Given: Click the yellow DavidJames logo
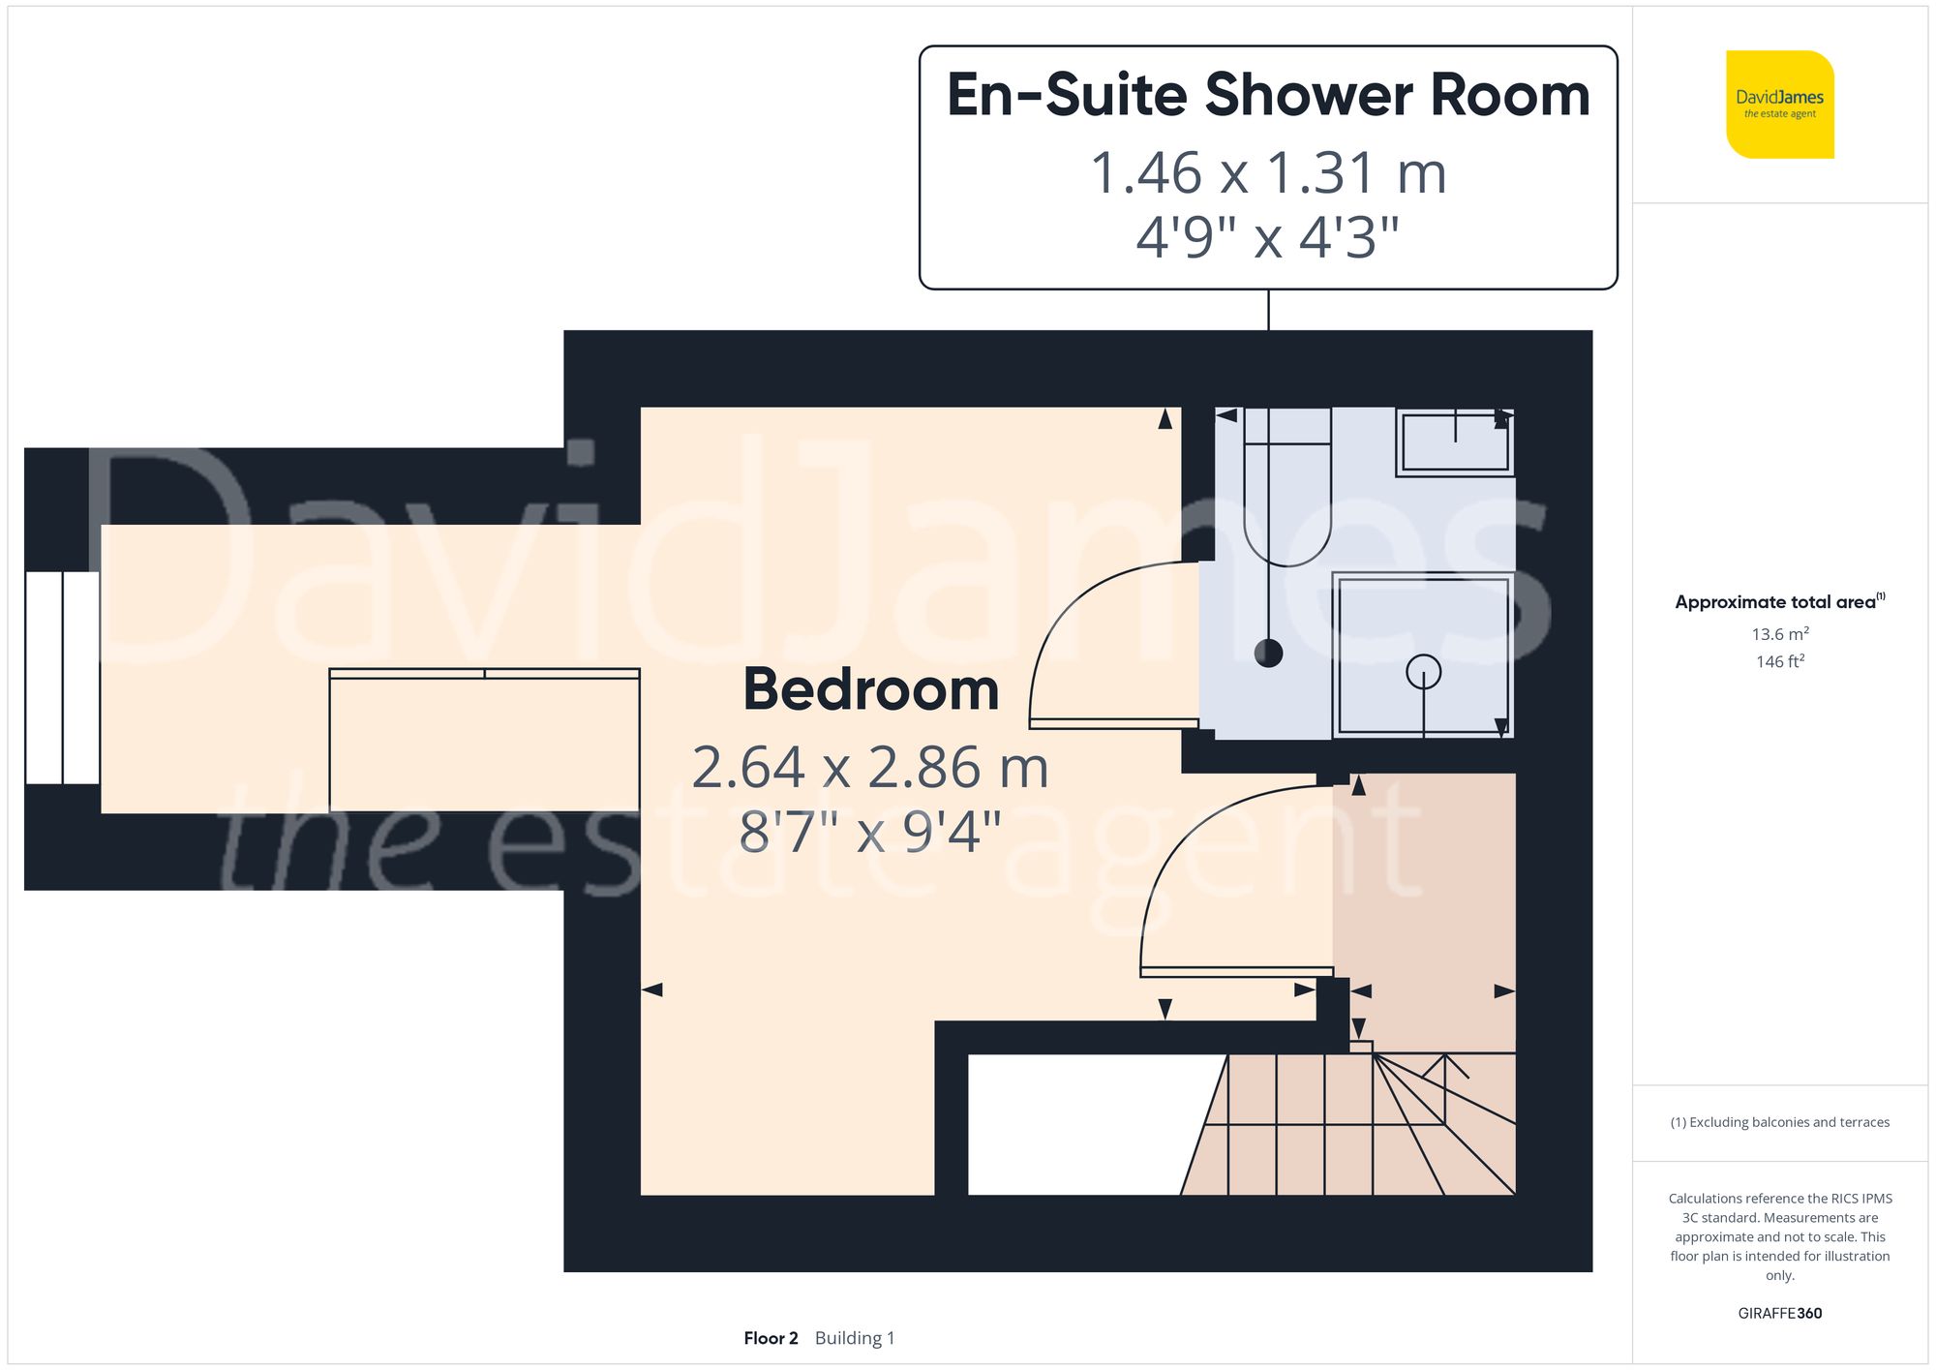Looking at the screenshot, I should pos(1779,105).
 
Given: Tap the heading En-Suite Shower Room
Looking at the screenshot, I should pos(1268,95).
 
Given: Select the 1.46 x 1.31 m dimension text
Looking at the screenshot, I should pos(1268,173).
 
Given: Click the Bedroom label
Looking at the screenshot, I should pos(870,689).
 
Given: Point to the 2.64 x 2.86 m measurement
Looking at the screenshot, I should pos(870,768).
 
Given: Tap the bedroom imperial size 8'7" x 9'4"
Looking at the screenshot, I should pos(870,831).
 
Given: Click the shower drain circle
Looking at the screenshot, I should pos(1423,671).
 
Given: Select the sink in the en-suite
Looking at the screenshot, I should pos(1455,442).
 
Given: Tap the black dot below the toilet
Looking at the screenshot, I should pos(1268,654).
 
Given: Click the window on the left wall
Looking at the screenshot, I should pos(62,678).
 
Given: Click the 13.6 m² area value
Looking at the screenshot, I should pos(1779,634).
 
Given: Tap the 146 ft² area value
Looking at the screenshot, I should pos(1779,661).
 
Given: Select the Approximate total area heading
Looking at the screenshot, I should pos(1779,602).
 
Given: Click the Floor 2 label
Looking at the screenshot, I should pos(771,1338).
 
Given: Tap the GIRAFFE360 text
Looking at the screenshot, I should pos(1779,1313).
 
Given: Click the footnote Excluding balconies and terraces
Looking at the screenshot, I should pos(1779,1122).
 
